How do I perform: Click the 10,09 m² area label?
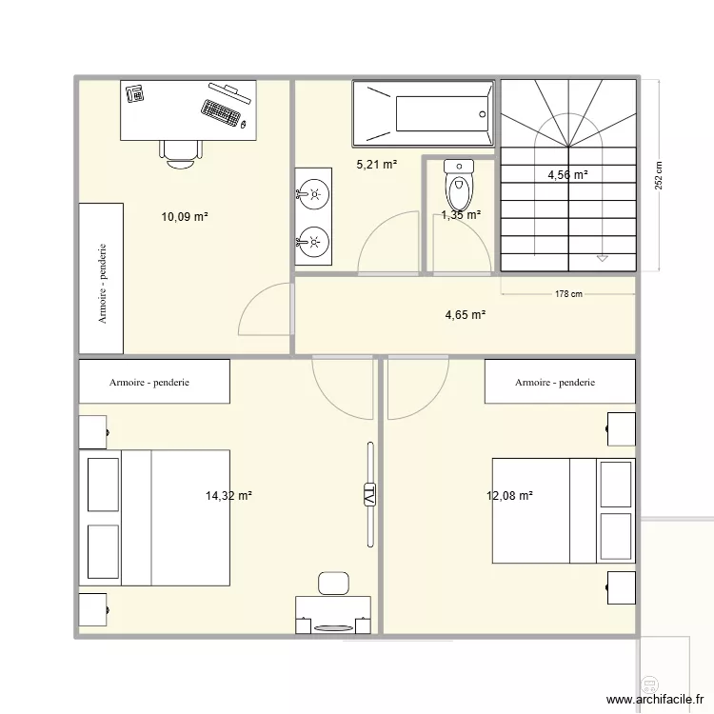point(185,217)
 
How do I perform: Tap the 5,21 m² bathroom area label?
point(377,165)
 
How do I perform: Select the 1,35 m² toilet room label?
point(461,215)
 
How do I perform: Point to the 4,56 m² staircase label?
point(567,175)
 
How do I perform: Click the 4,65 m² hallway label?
point(466,314)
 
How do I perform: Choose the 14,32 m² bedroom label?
point(228,496)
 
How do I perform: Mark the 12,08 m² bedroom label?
point(509,496)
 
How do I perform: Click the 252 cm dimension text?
point(659,174)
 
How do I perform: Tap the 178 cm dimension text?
point(568,294)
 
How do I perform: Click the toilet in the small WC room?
point(459,185)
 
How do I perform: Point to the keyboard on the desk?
point(221,111)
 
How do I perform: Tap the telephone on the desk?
point(134,93)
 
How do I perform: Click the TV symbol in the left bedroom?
point(368,495)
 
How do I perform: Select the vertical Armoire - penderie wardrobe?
point(100,276)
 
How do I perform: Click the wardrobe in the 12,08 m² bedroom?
point(559,382)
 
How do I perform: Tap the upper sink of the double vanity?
point(311,196)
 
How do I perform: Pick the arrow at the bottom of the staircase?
point(602,257)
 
